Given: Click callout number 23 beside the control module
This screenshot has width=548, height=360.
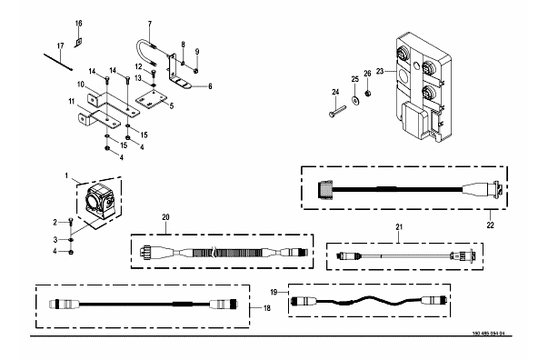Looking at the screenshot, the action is tap(380, 71).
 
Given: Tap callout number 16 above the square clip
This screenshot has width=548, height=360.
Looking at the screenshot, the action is tap(79, 24).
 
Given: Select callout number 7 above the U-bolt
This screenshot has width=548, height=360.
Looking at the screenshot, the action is tap(150, 24).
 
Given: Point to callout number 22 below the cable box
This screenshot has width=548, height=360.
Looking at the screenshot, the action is tap(491, 225).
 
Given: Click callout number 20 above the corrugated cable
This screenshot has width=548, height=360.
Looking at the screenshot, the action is tap(165, 217).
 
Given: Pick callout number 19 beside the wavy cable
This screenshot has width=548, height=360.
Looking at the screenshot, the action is tap(274, 292).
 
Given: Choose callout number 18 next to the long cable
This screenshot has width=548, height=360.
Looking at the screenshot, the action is tap(266, 308).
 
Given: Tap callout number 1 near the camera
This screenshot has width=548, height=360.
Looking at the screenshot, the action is tap(66, 175).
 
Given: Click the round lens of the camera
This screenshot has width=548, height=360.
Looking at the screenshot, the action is tap(92, 200).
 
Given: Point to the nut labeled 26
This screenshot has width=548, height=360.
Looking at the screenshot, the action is tap(368, 94).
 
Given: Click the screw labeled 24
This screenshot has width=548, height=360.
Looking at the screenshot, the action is tap(336, 111).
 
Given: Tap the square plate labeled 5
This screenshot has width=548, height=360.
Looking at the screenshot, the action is tap(152, 100).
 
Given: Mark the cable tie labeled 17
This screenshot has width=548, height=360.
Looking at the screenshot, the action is tap(58, 62).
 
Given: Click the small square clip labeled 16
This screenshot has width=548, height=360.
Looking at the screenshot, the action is tap(78, 43).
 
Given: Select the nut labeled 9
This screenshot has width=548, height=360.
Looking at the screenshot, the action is tap(196, 71).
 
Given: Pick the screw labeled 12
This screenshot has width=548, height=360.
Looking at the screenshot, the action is tap(154, 74).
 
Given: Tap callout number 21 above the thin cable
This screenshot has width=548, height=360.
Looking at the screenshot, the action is tap(399, 227).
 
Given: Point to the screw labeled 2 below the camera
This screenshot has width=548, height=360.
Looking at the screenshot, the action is tap(71, 223).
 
